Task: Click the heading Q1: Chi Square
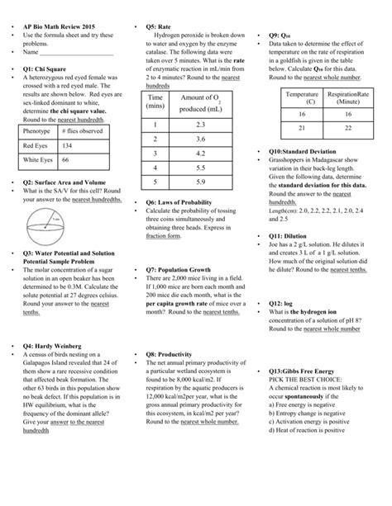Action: click(50, 69)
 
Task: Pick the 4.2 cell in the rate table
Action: click(200, 153)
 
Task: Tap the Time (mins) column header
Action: click(155, 102)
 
